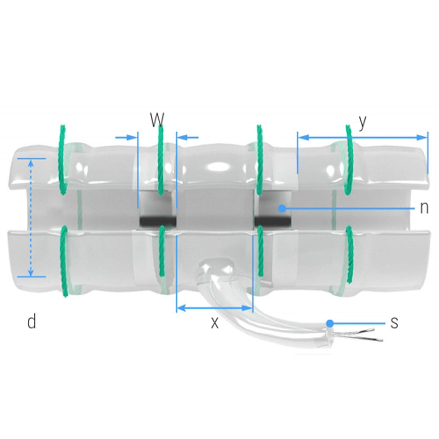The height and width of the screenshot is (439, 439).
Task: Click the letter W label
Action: pos(157,119)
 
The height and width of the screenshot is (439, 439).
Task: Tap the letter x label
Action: pos(215,323)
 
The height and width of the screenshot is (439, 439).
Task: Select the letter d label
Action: pos(32,322)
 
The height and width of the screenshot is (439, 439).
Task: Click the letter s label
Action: pos(394,323)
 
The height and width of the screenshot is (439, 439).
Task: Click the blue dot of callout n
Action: pos(282,208)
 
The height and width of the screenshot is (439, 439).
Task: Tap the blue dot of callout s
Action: pos(330,323)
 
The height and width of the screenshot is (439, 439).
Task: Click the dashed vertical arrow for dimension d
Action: pos(31,217)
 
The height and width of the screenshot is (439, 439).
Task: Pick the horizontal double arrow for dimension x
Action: pos(215,308)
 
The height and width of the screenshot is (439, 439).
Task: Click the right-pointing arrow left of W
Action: pos(126,138)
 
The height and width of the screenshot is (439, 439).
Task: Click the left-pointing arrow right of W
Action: pos(189,138)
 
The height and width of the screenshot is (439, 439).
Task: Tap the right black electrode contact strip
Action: pos(273,221)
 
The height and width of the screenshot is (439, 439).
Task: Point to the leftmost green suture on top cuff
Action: pos(63,157)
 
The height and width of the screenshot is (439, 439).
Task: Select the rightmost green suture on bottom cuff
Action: pos(349,254)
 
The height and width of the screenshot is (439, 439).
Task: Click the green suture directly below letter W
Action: pos(160,161)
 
